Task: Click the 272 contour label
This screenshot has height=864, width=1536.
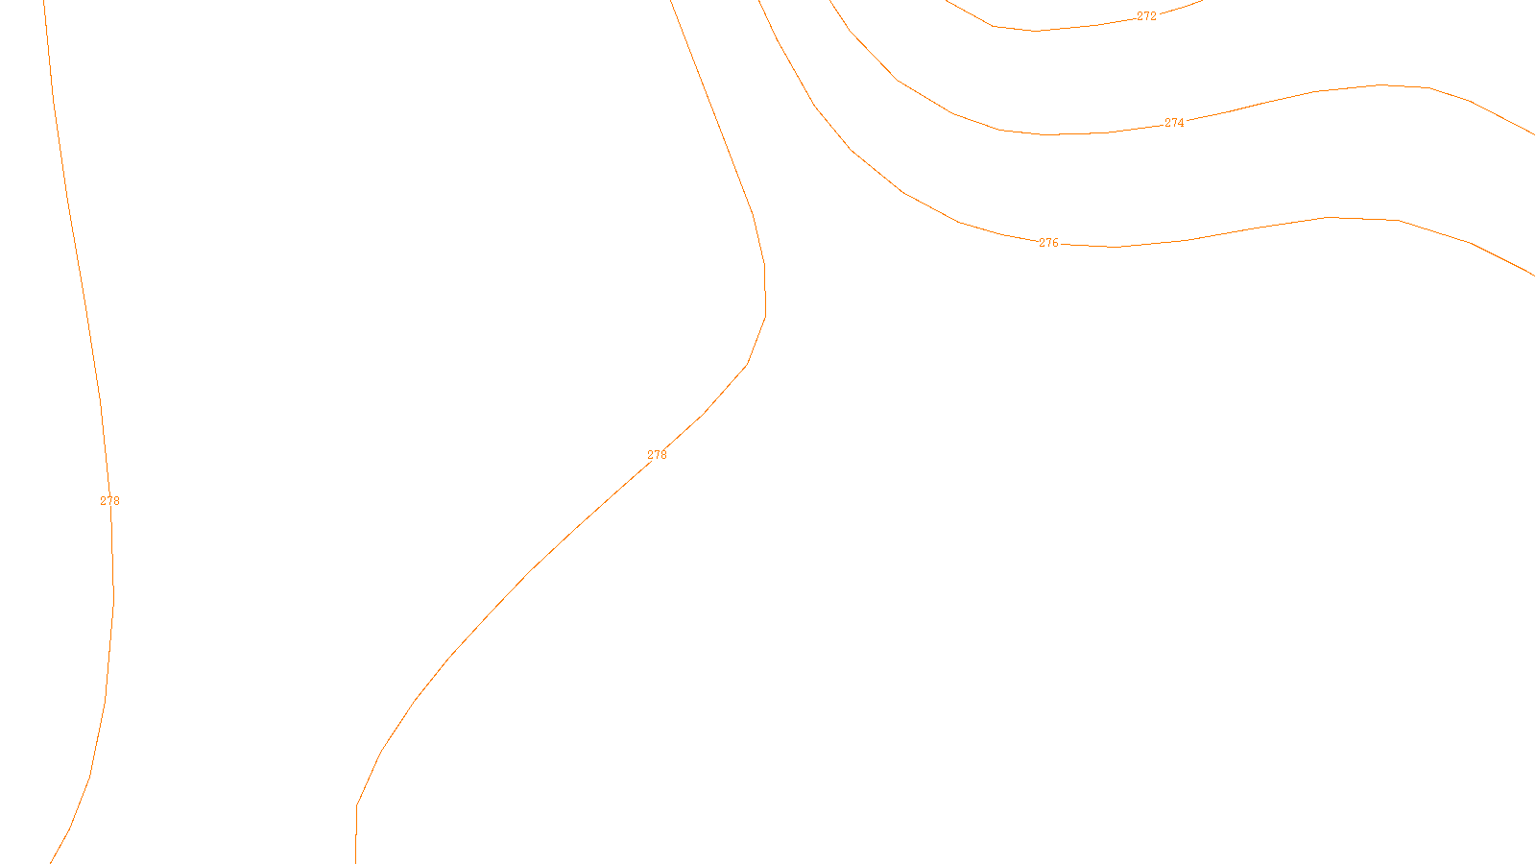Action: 1146,16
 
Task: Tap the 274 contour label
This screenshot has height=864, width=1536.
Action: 1174,123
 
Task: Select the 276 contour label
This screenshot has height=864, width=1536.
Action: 1048,243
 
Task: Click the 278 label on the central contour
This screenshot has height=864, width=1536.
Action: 657,455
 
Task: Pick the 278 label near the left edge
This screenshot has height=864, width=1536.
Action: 110,501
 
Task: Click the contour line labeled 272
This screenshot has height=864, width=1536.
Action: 1037,31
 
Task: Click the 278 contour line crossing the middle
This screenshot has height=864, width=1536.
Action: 533,568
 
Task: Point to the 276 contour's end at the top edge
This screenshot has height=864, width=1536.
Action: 759,2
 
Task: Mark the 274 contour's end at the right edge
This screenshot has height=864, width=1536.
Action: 1533,134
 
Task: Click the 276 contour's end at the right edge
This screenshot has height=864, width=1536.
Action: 1533,275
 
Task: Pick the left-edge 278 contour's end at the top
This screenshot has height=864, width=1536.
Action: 45,3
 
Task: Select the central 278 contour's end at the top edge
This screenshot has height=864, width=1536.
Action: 671,2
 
